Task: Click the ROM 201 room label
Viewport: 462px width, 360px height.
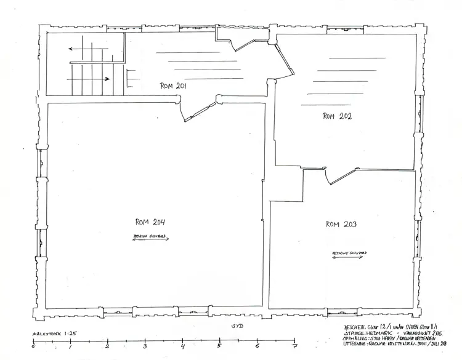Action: coord(173,87)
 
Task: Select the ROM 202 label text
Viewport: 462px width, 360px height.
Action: coord(336,116)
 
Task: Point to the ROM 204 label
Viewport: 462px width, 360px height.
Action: coord(150,222)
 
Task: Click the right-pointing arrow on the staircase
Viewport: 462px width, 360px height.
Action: coord(99,79)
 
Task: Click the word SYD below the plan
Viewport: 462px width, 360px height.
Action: coord(237,326)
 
